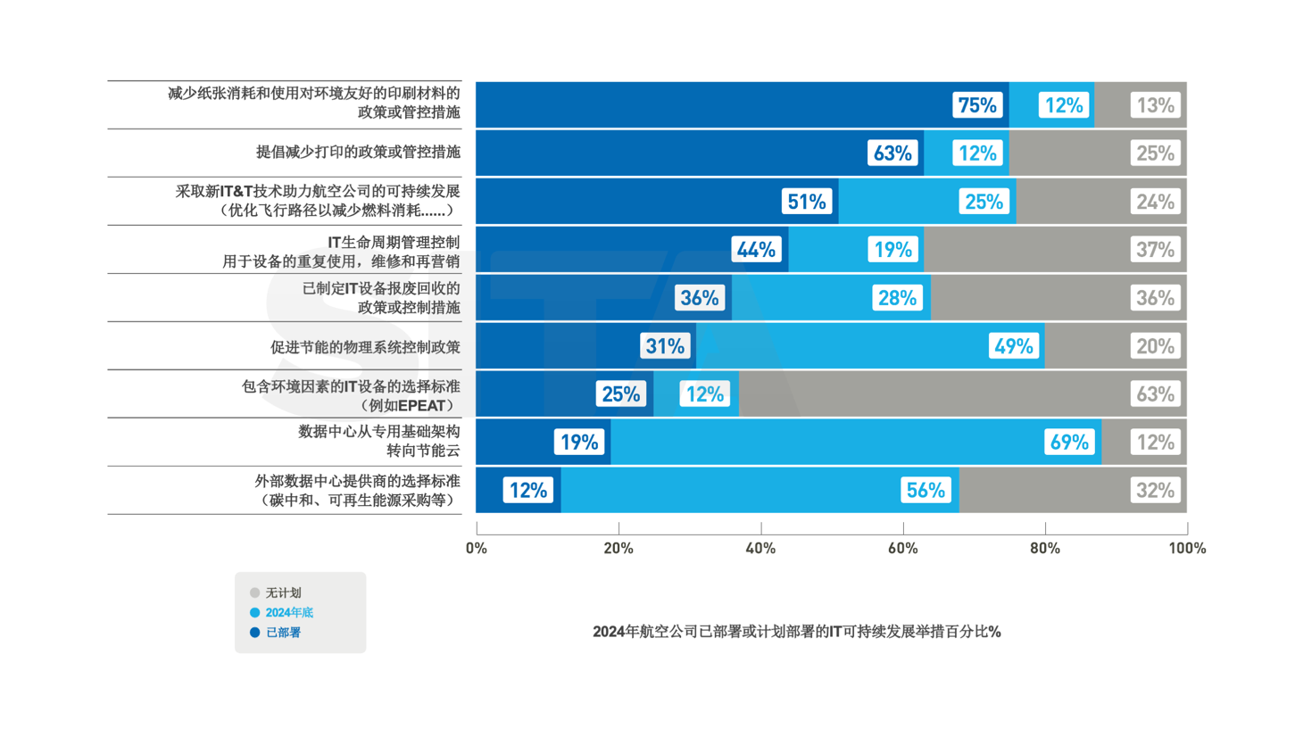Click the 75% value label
[x=976, y=105]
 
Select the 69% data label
[x=1068, y=442]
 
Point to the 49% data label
[x=1013, y=346]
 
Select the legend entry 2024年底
[x=289, y=613]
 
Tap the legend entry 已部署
[x=283, y=633]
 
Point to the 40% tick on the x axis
[x=760, y=548]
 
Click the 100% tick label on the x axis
[x=1186, y=548]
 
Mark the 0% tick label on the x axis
[x=477, y=548]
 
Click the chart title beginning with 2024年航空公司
[x=797, y=632]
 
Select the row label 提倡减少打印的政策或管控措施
[x=358, y=153]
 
